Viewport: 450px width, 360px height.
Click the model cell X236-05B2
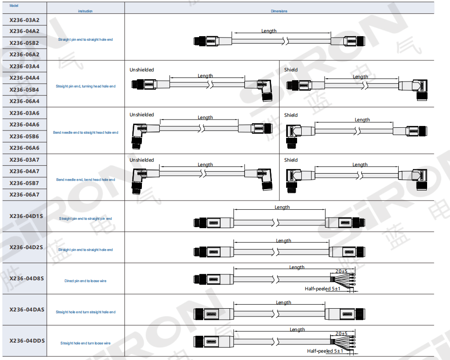coord(24,43)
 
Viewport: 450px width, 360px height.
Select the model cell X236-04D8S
coord(27,278)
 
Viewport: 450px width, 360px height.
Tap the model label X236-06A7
coord(24,195)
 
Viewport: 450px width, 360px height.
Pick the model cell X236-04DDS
coord(27,341)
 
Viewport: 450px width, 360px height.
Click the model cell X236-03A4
coord(24,66)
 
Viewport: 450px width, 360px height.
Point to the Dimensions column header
coord(279,11)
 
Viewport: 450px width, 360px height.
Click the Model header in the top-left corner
coord(14,5)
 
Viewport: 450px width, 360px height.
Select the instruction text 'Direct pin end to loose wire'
coord(85,281)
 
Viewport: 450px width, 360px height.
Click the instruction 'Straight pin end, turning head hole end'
coord(86,86)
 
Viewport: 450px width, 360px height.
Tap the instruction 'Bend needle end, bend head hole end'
coord(86,180)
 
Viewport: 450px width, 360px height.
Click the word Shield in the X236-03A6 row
coord(291,115)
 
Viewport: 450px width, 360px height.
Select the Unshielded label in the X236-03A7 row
coord(141,160)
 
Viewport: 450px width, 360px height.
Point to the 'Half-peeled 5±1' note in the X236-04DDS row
coord(325,351)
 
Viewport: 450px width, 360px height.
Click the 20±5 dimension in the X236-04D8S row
coord(341,271)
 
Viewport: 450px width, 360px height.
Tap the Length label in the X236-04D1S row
coord(282,207)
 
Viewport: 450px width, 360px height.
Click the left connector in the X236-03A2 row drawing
coord(213,41)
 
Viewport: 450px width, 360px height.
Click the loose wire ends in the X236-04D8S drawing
coord(343,279)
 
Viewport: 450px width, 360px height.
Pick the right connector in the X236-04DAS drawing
coord(345,314)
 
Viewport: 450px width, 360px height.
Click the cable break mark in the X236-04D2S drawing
coord(275,252)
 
